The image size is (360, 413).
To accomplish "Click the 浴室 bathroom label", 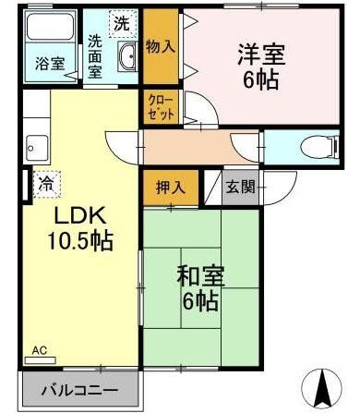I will click(x=50, y=64).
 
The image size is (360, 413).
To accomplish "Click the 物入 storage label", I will click(x=161, y=47).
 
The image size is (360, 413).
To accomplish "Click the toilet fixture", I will click(x=315, y=146).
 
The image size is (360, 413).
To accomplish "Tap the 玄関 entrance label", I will click(x=240, y=186).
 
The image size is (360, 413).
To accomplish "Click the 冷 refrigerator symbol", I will click(x=45, y=183).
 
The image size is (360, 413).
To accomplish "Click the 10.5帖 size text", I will click(x=80, y=242).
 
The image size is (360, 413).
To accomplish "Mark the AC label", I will click(x=38, y=350).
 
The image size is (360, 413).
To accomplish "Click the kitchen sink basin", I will click(x=37, y=145).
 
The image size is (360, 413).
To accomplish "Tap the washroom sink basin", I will click(x=127, y=62).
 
